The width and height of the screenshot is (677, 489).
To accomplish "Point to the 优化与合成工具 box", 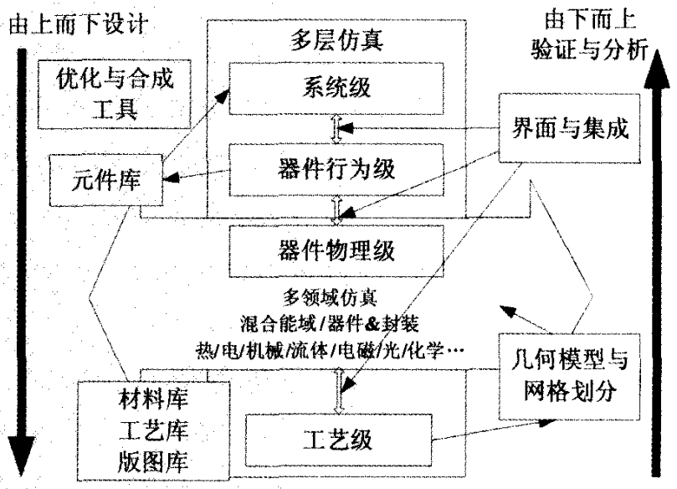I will [x=114, y=95].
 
